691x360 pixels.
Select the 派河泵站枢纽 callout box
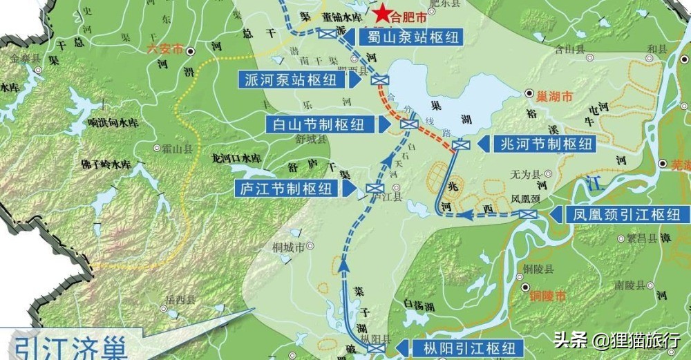[x=294, y=79]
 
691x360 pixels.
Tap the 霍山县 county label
[x=177, y=148]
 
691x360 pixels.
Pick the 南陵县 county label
[x=630, y=284]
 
